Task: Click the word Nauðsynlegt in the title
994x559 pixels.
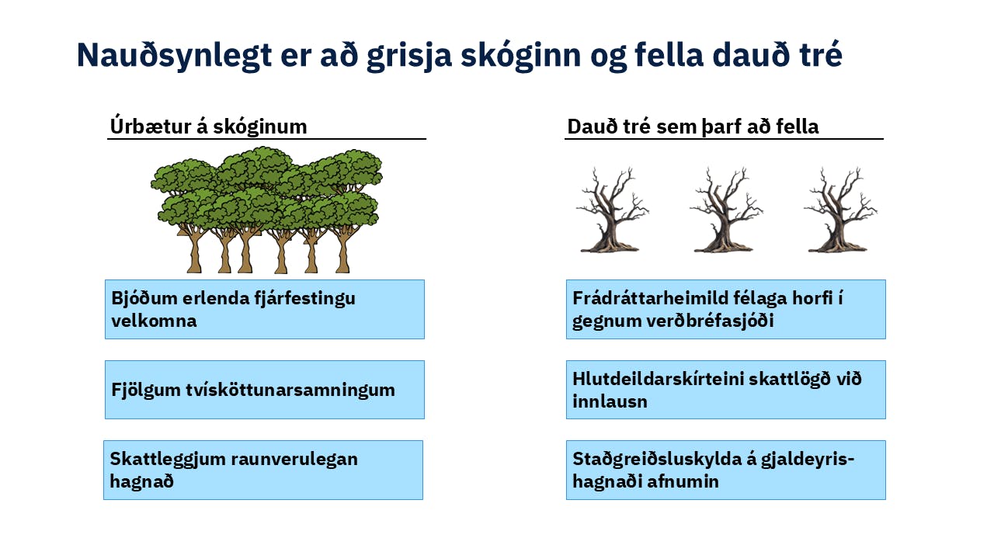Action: tap(174, 56)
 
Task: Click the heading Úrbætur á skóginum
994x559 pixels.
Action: tap(208, 127)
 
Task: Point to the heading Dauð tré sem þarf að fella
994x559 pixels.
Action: tap(693, 127)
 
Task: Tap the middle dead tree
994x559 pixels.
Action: tap(725, 210)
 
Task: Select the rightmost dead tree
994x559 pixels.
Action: tap(839, 210)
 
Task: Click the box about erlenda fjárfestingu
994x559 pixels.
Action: tap(265, 309)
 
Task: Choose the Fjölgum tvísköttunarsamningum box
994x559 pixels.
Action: tap(265, 390)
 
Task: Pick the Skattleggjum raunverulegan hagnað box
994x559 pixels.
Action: tap(263, 470)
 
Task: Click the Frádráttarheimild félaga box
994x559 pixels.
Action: tap(725, 309)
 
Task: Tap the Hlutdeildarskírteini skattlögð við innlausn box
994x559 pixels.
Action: tap(725, 390)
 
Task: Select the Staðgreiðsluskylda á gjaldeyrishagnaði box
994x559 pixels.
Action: tap(725, 470)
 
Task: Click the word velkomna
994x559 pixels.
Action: tap(154, 321)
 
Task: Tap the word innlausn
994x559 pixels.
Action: tap(610, 401)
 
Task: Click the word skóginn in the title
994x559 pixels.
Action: tap(520, 56)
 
